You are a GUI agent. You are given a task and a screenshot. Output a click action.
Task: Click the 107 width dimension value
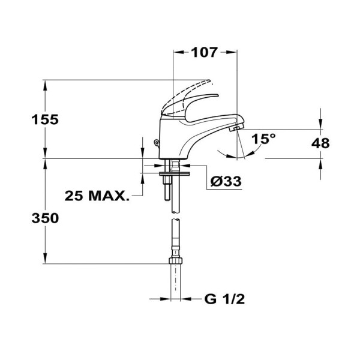(x=204, y=53)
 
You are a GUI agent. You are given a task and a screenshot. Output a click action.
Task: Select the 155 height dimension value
(x=45, y=119)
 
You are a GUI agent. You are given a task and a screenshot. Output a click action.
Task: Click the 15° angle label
(x=263, y=139)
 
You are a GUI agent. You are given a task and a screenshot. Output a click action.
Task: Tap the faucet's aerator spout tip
(x=236, y=127)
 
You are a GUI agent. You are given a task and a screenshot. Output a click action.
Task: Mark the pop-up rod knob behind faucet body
(x=155, y=142)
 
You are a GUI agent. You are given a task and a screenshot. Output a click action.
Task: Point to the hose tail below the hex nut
(x=176, y=282)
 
